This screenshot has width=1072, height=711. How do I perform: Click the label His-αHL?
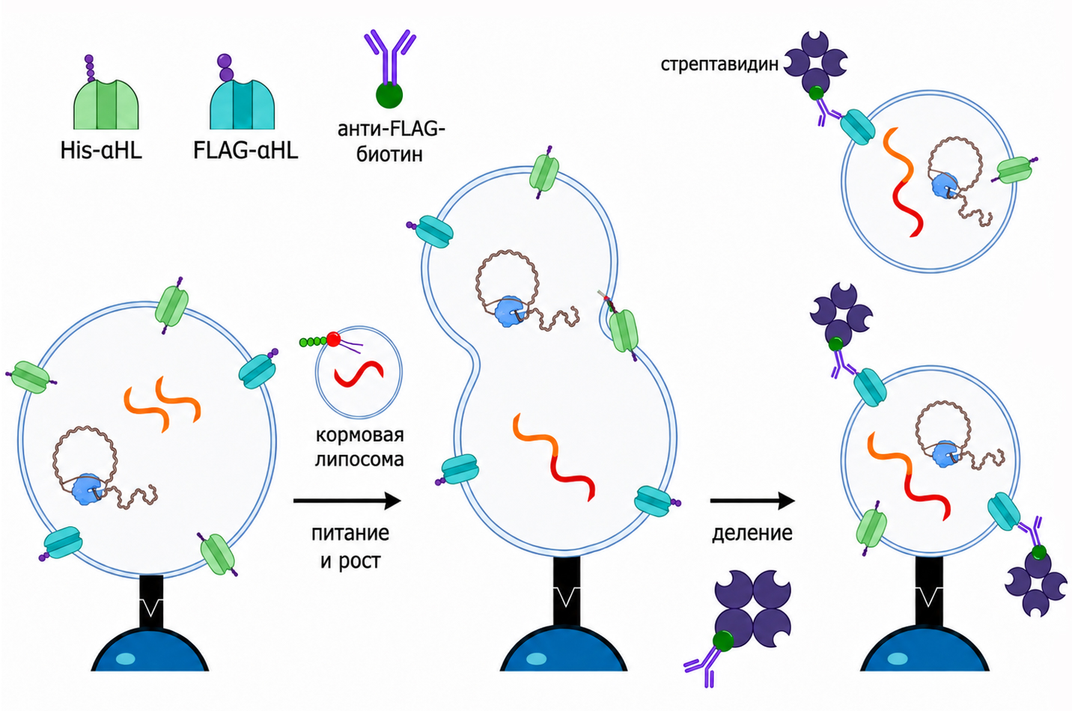(x=101, y=150)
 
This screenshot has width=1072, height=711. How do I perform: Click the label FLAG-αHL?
(x=246, y=150)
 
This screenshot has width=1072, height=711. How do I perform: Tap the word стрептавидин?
(x=719, y=64)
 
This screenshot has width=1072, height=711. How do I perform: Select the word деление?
(x=752, y=533)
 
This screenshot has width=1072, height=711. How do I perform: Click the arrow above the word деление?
(x=752, y=501)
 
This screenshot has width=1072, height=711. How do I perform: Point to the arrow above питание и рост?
(x=347, y=501)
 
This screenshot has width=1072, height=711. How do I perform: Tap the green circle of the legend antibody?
(x=389, y=95)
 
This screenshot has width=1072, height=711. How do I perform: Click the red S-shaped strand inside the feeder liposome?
(x=359, y=373)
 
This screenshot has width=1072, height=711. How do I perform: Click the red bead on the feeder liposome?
(x=334, y=340)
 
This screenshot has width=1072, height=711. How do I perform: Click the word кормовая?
(x=359, y=434)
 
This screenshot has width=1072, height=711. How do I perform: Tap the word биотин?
(x=389, y=154)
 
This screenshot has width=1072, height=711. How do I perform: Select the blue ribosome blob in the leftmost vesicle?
(x=87, y=489)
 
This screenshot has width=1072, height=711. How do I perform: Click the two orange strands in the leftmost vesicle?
(x=162, y=404)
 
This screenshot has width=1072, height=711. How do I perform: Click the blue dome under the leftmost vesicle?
(x=150, y=650)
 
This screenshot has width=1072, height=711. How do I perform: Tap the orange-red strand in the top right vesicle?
(x=901, y=182)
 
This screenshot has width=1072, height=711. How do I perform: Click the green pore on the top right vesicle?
(x=1015, y=170)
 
